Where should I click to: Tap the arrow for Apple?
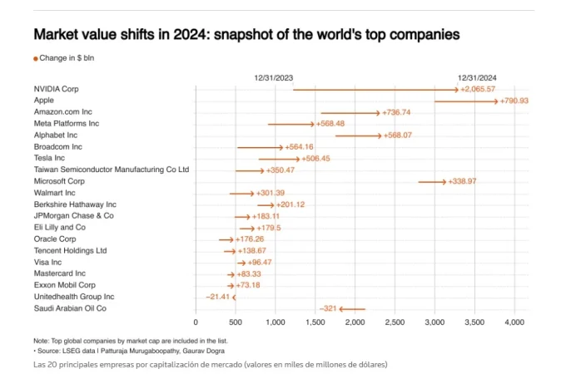466,101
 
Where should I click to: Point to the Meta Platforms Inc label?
67,124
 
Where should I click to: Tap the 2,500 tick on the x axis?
395,322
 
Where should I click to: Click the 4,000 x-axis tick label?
514,322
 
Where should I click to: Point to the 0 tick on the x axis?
196,322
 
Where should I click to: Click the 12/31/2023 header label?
274,77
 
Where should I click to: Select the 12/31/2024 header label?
477,77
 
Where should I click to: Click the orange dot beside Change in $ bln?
36,58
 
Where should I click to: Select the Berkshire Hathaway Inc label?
75,204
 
